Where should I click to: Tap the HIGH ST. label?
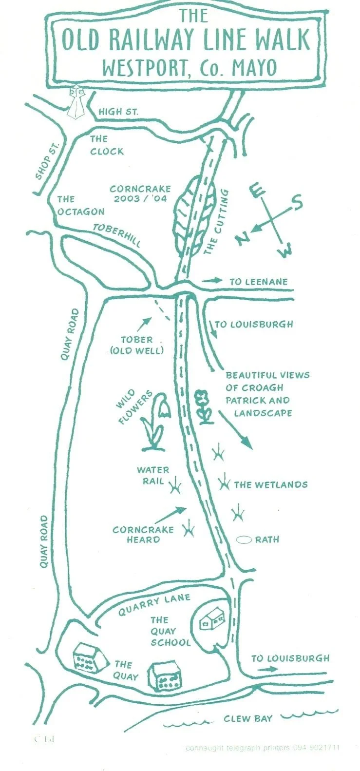click(x=118, y=112)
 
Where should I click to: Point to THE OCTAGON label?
click(x=80, y=205)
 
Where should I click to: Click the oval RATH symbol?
click(x=244, y=540)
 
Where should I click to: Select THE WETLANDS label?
click(x=270, y=484)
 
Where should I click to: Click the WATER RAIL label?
click(x=153, y=476)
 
